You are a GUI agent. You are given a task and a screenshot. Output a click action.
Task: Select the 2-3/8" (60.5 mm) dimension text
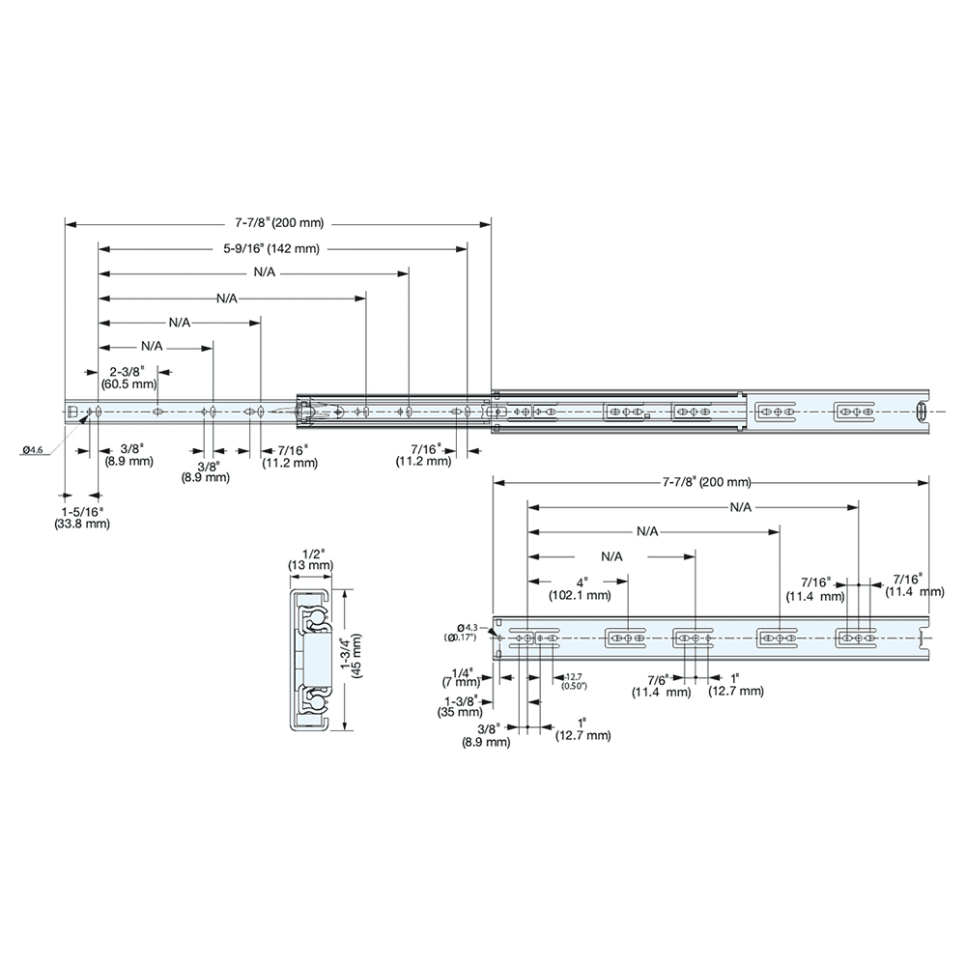coord(128,377)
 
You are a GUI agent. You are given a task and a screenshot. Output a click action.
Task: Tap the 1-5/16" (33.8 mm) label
coord(82,518)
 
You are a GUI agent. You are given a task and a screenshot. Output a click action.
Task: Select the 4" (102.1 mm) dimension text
coord(580,589)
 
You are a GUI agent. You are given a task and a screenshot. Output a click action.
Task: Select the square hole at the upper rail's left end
coord(71,412)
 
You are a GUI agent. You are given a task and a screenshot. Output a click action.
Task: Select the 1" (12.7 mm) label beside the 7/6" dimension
coord(736,685)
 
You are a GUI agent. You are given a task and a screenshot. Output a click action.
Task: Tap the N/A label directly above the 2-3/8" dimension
coord(152,345)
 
